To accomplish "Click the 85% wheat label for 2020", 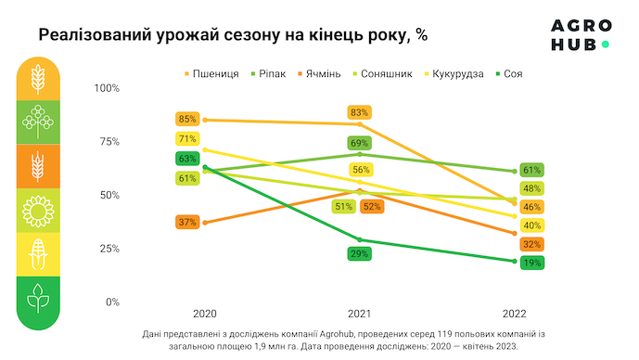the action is pyautogui.click(x=187, y=119).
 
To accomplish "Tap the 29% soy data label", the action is pyautogui.click(x=360, y=254).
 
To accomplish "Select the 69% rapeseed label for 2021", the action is pyautogui.click(x=360, y=143).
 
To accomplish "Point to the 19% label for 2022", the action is pyautogui.click(x=531, y=263).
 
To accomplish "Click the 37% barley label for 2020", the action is pyautogui.click(x=187, y=222).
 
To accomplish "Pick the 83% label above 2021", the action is pyautogui.click(x=360, y=112).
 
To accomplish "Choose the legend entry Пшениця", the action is pyautogui.click(x=211, y=74).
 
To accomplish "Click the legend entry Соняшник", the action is pyautogui.click(x=383, y=74).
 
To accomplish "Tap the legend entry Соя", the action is pyautogui.click(x=509, y=74).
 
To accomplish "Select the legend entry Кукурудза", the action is pyautogui.click(x=454, y=74).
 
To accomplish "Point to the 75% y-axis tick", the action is pyautogui.click(x=109, y=141).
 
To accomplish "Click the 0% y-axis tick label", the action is pyautogui.click(x=112, y=302).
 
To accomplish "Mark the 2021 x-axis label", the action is pyautogui.click(x=360, y=314).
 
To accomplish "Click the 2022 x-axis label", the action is pyautogui.click(x=515, y=314).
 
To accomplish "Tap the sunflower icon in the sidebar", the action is pyautogui.click(x=38, y=211).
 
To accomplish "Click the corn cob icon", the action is pyautogui.click(x=38, y=254).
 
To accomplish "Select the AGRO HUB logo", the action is pyautogui.click(x=581, y=35).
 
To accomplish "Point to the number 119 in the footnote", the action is pyautogui.click(x=444, y=334).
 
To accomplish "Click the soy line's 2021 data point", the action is pyautogui.click(x=360, y=239).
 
